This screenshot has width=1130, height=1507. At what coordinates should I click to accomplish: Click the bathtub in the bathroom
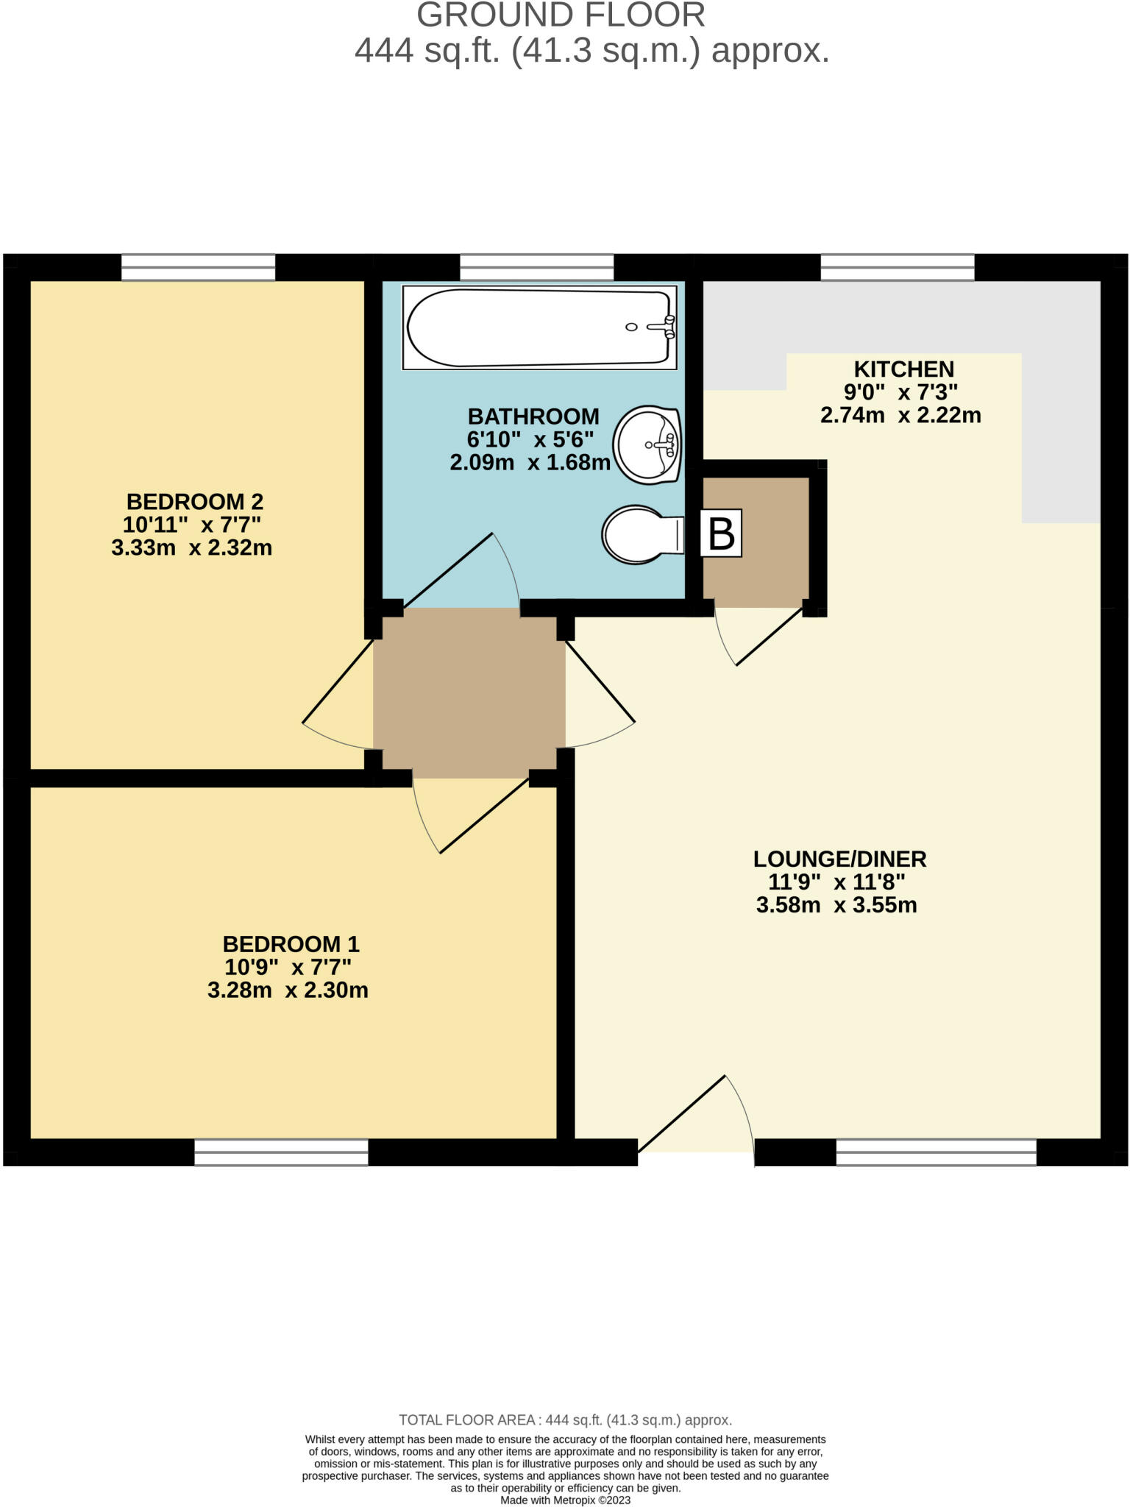point(539,327)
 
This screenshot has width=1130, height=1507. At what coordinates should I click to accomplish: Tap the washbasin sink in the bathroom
point(647,445)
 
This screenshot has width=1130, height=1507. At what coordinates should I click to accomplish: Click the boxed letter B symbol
point(720,533)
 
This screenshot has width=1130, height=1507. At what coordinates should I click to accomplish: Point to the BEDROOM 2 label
point(194,502)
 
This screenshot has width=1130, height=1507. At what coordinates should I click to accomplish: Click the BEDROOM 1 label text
point(291,944)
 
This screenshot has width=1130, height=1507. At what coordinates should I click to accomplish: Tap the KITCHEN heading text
point(903,369)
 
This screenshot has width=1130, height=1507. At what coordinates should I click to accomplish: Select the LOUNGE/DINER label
point(839,859)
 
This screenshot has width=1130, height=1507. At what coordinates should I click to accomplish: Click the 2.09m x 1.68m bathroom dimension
point(530,463)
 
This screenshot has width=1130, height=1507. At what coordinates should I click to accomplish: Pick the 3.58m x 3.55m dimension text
point(836,905)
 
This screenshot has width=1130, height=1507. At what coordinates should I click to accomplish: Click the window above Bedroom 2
point(198,267)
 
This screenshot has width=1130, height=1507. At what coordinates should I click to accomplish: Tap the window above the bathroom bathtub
point(536,267)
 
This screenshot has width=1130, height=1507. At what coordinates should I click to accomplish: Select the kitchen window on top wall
point(897,267)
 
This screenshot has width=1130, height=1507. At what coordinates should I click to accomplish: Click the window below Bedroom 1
point(281,1152)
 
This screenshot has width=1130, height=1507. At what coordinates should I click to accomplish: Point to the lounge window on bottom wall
point(936,1152)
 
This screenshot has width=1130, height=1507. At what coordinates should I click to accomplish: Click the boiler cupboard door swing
point(758,633)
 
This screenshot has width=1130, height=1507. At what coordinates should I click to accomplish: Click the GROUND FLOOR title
point(561,15)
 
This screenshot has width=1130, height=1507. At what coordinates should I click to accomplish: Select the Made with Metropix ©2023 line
point(565,1500)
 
